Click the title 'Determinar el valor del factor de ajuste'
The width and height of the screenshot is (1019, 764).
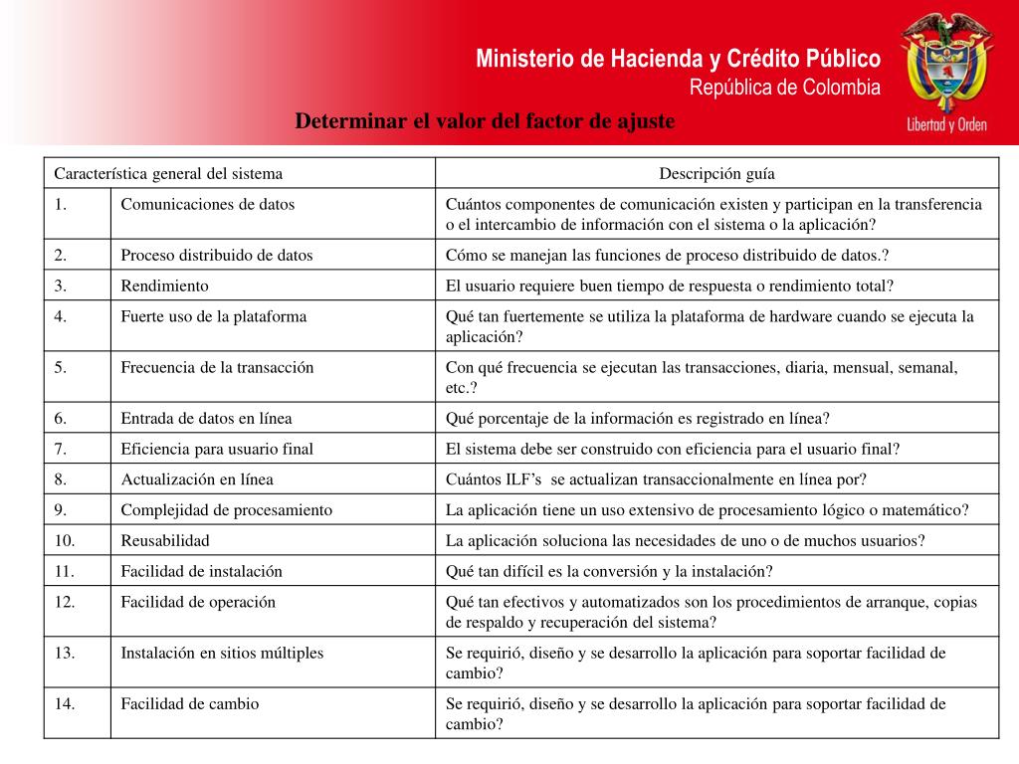pyautogui.click(x=485, y=121)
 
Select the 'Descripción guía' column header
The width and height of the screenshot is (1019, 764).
pyautogui.click(x=716, y=173)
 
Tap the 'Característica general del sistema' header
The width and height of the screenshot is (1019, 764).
pyautogui.click(x=168, y=173)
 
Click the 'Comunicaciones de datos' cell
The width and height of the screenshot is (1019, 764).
pyautogui.click(x=208, y=205)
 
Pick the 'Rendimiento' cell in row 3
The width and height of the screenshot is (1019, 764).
pyautogui.click(x=165, y=286)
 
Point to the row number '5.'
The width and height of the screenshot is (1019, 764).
pyautogui.click(x=61, y=367)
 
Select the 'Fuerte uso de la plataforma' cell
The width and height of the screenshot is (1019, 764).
pyautogui.click(x=214, y=316)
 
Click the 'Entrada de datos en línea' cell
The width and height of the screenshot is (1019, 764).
pyautogui.click(x=207, y=418)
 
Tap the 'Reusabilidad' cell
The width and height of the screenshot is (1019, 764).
pyautogui.click(x=165, y=540)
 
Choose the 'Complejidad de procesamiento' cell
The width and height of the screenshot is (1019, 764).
pyautogui.click(x=227, y=509)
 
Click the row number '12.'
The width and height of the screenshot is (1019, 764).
pyautogui.click(x=65, y=602)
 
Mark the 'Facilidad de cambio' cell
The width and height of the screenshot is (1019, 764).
pyautogui.click(x=190, y=703)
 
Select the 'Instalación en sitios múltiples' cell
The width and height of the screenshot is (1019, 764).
pyautogui.click(x=222, y=653)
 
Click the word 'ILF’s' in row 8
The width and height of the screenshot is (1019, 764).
pyautogui.click(x=522, y=479)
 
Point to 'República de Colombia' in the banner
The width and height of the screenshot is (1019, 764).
pyautogui.click(x=785, y=88)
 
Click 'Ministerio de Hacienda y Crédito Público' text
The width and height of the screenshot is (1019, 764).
pyautogui.click(x=678, y=59)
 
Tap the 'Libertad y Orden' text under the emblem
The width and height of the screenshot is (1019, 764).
pyautogui.click(x=946, y=125)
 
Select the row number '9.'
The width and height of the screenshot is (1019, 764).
pyautogui.click(x=61, y=509)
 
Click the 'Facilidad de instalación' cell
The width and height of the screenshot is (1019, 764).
pyautogui.click(x=202, y=571)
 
